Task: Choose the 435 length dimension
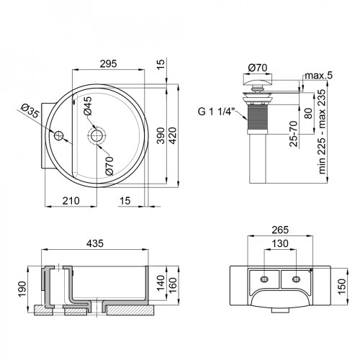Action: point(94,244)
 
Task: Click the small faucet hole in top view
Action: point(58,135)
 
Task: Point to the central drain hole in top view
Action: point(95,135)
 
